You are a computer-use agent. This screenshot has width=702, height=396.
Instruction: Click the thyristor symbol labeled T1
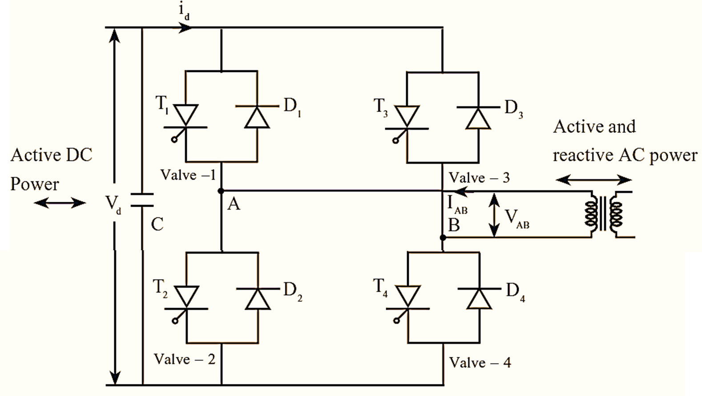[x=186, y=116]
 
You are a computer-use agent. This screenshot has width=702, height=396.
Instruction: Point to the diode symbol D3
[x=478, y=118]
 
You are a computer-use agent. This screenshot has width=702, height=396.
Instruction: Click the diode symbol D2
[x=258, y=299]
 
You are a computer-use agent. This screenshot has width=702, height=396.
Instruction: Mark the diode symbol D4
[x=479, y=298]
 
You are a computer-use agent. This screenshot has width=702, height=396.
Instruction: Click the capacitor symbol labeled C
[x=142, y=200]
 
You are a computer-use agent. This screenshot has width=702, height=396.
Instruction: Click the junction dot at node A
[x=221, y=191]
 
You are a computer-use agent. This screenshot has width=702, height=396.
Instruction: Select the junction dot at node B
[x=443, y=238]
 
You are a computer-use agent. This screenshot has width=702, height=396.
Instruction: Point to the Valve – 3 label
[x=479, y=178]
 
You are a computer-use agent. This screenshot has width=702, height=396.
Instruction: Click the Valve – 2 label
[x=184, y=359]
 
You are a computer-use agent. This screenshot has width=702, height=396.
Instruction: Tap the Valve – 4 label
[x=480, y=363]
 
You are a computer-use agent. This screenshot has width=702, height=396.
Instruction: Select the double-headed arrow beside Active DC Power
[x=60, y=203]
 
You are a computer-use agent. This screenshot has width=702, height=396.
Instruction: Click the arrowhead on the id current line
[x=186, y=28]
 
